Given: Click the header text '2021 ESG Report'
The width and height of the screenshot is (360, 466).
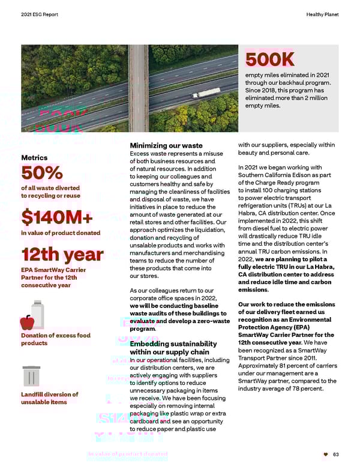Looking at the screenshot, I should pyautogui.click(x=39, y=14).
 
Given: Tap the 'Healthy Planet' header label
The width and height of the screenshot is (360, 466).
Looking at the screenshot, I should pyautogui.click(x=322, y=14).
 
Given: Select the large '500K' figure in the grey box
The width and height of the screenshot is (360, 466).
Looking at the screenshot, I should pyautogui.click(x=270, y=59).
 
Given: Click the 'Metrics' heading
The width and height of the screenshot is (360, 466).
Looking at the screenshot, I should pyautogui.click(x=34, y=157).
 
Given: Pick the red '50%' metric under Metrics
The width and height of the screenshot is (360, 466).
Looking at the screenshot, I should pyautogui.click(x=42, y=173).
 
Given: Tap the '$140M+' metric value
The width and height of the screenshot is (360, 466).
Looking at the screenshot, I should pyautogui.click(x=57, y=217).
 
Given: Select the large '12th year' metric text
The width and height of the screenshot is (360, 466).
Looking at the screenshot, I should pyautogui.click(x=62, y=255).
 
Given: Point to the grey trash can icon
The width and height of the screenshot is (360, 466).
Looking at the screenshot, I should pyautogui.click(x=31, y=376).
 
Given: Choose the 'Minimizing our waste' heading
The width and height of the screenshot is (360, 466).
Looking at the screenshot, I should pyautogui.click(x=166, y=145).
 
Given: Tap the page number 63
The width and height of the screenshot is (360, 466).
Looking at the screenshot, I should pyautogui.click(x=336, y=455).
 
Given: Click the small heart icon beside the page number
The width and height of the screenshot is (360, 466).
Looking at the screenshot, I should pyautogui.click(x=326, y=455).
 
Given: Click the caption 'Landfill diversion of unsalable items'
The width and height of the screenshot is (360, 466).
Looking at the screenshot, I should pyautogui.click(x=49, y=398).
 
